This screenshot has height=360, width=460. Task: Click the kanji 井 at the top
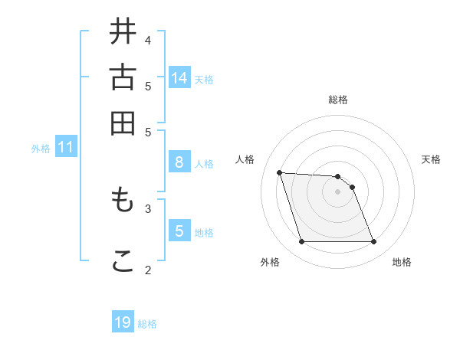tap(123, 33)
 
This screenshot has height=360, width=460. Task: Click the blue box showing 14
tap(179, 78)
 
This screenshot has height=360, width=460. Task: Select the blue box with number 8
tap(179, 162)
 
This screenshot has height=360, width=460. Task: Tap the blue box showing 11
tap(65, 147)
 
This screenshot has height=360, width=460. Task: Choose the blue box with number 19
tap(123, 322)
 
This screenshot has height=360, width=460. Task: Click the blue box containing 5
tap(179, 231)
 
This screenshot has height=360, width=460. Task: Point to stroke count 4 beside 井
tap(148, 40)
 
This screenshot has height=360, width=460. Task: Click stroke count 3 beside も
tap(148, 208)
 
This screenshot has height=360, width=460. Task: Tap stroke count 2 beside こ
tap(148, 269)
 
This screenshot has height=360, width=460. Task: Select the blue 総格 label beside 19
tap(147, 324)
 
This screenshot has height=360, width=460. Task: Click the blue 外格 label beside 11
tap(41, 149)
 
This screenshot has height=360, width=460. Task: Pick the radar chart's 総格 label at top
tap(338, 100)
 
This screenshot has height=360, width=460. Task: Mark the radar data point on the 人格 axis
tap(280, 172)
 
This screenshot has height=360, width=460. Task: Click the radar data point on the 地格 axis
tap(373, 242)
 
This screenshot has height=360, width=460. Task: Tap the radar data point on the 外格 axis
tap(301, 242)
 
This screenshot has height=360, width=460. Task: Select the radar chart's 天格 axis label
tap(431, 159)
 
